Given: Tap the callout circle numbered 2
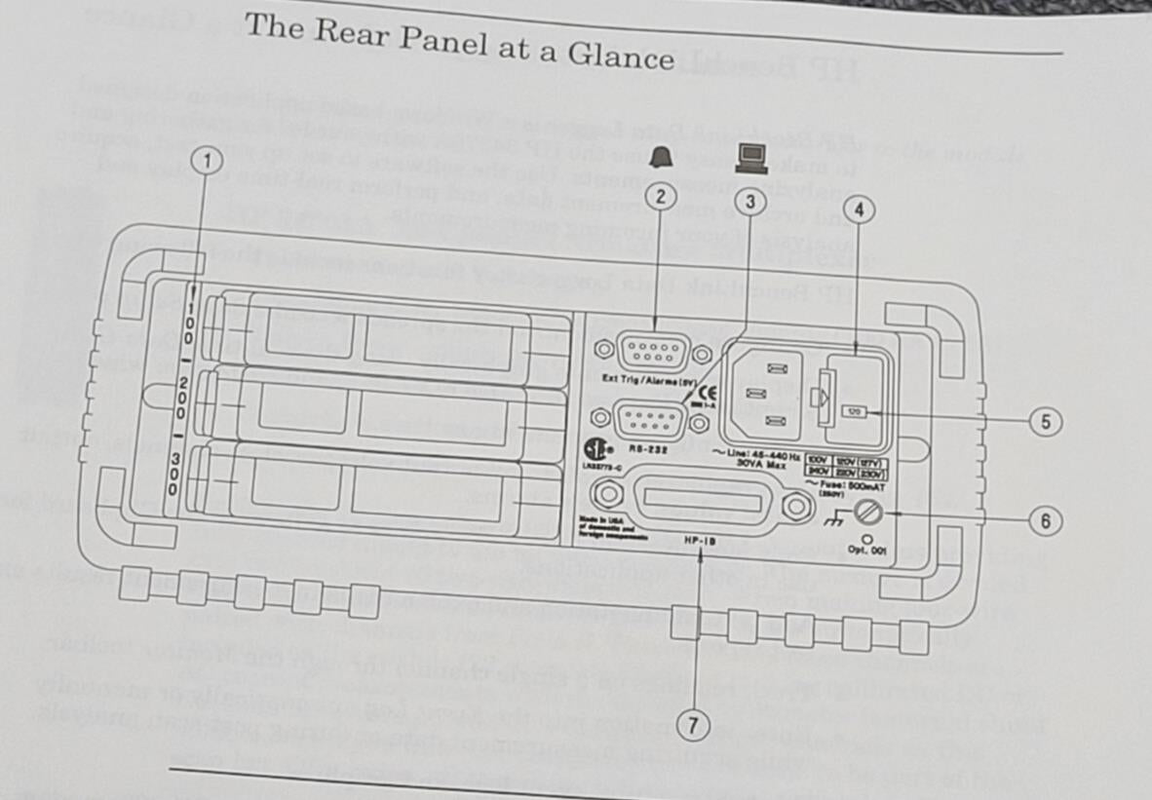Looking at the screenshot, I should (661, 196).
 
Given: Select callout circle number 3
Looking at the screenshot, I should (749, 202).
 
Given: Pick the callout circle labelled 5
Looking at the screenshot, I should (1043, 422).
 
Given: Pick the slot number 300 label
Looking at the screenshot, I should (173, 473).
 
